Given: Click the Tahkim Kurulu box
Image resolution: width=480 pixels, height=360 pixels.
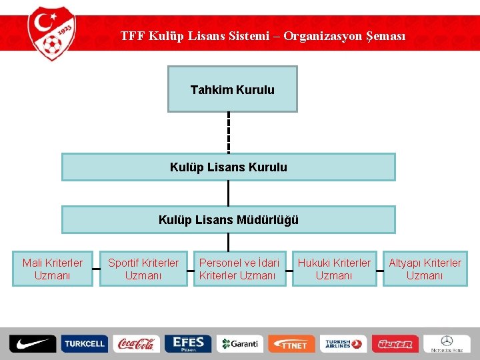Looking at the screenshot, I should [232, 89].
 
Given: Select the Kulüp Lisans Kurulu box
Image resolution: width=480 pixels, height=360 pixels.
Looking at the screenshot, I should [228, 167].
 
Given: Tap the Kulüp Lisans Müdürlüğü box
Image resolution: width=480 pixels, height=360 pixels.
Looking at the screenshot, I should [228, 219].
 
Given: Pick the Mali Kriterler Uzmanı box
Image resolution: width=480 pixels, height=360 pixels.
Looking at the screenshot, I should [53, 269].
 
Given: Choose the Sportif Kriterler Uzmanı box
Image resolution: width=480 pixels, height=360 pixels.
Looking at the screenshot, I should [143, 269].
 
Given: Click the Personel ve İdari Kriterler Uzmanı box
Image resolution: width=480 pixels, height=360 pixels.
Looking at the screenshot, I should [238, 269].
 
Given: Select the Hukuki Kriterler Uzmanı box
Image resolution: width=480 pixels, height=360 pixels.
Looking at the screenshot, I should [334, 269].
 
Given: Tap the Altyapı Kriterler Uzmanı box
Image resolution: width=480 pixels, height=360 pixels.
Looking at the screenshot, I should [425, 269].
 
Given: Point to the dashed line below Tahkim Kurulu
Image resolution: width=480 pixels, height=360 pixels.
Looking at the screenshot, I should [229, 133].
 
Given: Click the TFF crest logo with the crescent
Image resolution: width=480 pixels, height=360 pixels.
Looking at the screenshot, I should [52, 33].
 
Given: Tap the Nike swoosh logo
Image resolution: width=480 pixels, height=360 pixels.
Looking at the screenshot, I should [32, 343].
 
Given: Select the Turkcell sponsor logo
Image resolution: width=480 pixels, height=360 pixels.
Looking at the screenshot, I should [84, 343].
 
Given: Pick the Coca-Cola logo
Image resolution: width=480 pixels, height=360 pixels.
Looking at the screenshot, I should [135, 343].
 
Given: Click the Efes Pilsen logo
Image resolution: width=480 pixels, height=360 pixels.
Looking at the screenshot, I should [187, 343].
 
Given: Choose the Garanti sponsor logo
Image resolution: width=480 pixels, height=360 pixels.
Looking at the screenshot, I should [239, 343].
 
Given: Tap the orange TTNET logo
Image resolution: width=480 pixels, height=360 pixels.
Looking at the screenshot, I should [291, 344].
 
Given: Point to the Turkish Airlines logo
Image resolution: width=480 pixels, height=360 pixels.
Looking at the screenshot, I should [343, 343].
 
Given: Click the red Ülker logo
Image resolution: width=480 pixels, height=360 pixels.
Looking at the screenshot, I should [395, 344].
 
